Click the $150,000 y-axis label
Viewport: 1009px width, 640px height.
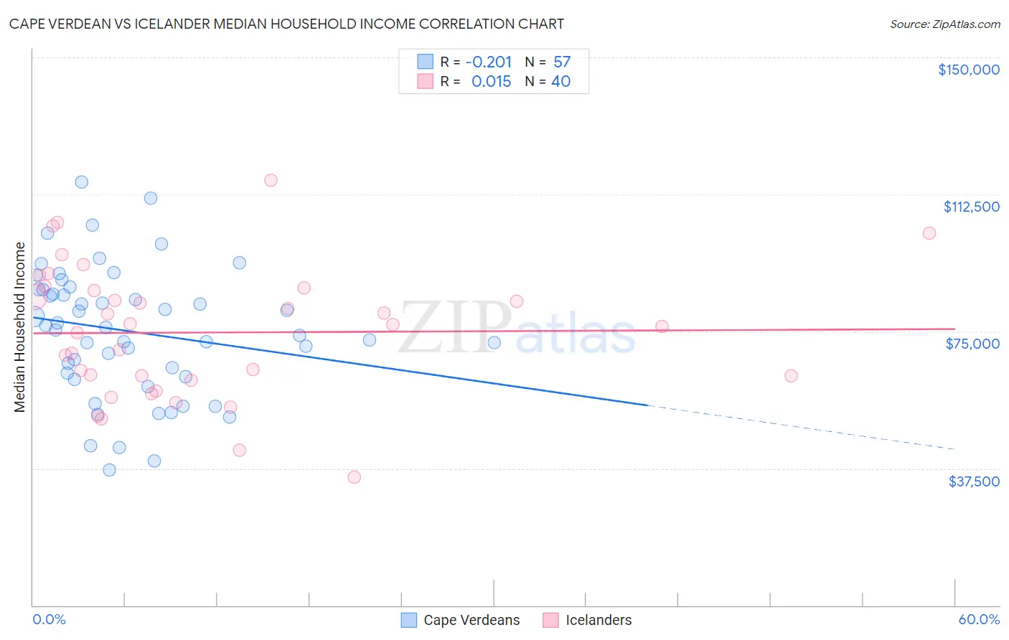pos(968,70)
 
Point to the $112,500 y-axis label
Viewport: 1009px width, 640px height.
pos(971,207)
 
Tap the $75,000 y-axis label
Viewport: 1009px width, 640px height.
pos(972,344)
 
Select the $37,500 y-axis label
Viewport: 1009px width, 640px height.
pos(974,481)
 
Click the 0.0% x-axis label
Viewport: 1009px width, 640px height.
pos(49,619)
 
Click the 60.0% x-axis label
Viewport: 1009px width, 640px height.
pos(979,619)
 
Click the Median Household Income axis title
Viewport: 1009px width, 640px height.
pos(19,327)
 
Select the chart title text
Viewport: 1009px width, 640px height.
pos(286,24)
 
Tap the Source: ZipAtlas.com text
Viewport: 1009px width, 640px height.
pos(944,24)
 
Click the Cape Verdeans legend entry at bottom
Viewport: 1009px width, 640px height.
pos(460,620)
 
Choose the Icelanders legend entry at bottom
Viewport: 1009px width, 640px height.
pos(587,620)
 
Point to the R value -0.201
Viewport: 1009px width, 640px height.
pos(489,62)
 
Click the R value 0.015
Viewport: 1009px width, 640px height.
pos(491,82)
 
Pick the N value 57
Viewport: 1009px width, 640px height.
pos(561,62)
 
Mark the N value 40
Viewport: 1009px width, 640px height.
pos(560,82)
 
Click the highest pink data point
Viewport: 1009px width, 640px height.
pos(271,180)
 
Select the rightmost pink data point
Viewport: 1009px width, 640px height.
pos(929,233)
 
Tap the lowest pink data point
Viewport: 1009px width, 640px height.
pos(354,477)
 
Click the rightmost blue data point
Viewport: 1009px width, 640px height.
pos(494,342)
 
